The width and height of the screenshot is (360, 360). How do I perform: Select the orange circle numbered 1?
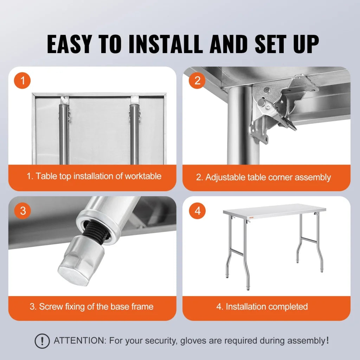(x=23, y=81)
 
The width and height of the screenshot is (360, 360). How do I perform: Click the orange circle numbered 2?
(x=197, y=81)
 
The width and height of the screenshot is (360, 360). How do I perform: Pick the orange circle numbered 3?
(x=23, y=211)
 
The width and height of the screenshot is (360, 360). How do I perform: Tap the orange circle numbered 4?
(x=198, y=211)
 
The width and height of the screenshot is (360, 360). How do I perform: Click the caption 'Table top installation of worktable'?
(x=94, y=176)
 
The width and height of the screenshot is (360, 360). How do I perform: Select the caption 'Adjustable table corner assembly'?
(x=263, y=177)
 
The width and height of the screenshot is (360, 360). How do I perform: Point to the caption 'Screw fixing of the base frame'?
(x=91, y=307)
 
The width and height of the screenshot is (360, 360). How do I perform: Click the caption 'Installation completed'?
(x=262, y=307)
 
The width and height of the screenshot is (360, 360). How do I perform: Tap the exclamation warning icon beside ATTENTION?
(x=42, y=341)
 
